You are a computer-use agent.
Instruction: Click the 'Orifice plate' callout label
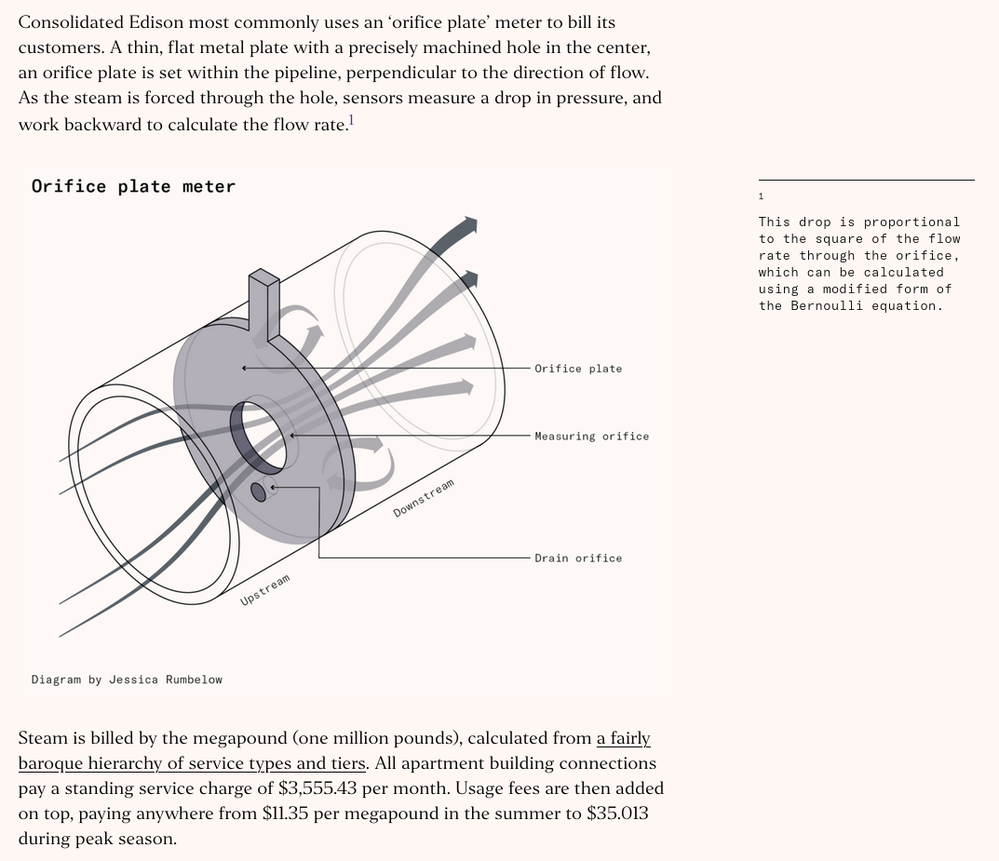[x=577, y=369]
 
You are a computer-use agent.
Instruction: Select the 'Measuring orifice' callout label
[x=591, y=437]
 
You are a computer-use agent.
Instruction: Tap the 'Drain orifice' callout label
[x=577, y=558]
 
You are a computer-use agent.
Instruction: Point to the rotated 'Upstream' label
[x=265, y=590]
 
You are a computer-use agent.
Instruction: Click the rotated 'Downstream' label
[x=424, y=498]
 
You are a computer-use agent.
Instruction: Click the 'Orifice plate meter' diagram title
[x=133, y=186]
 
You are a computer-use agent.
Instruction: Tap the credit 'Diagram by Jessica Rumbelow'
[x=127, y=679]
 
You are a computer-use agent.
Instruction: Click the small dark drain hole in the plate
[x=259, y=491]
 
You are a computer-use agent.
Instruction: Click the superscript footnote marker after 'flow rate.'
[x=351, y=120]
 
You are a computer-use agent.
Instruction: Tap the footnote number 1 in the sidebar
[x=761, y=196]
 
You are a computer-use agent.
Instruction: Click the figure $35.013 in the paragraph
[x=617, y=814]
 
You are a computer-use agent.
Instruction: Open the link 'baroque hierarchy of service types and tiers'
[x=192, y=763]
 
